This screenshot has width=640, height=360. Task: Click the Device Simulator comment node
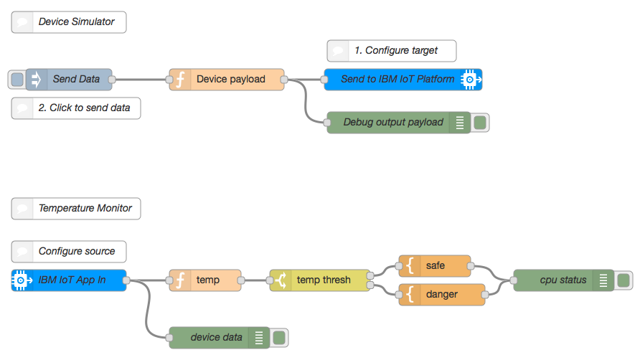coord(69,22)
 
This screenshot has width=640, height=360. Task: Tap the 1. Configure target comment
coord(392,51)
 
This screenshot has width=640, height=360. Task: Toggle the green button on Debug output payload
coord(481,123)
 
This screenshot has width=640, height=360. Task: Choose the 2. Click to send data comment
coord(76,108)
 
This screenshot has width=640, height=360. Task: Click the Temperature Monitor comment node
coord(76,209)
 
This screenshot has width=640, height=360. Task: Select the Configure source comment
coord(69,252)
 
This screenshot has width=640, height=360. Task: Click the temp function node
coord(207,280)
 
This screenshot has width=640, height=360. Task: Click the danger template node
coord(441,295)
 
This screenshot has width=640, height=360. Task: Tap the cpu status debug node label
coord(563,280)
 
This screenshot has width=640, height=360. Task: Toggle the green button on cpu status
coord(623,280)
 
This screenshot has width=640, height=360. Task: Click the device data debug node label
coord(216,338)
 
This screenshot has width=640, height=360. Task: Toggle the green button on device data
coord(279,338)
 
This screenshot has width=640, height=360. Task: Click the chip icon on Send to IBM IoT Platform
coord(470,80)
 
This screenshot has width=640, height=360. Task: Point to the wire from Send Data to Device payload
coord(141,80)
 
